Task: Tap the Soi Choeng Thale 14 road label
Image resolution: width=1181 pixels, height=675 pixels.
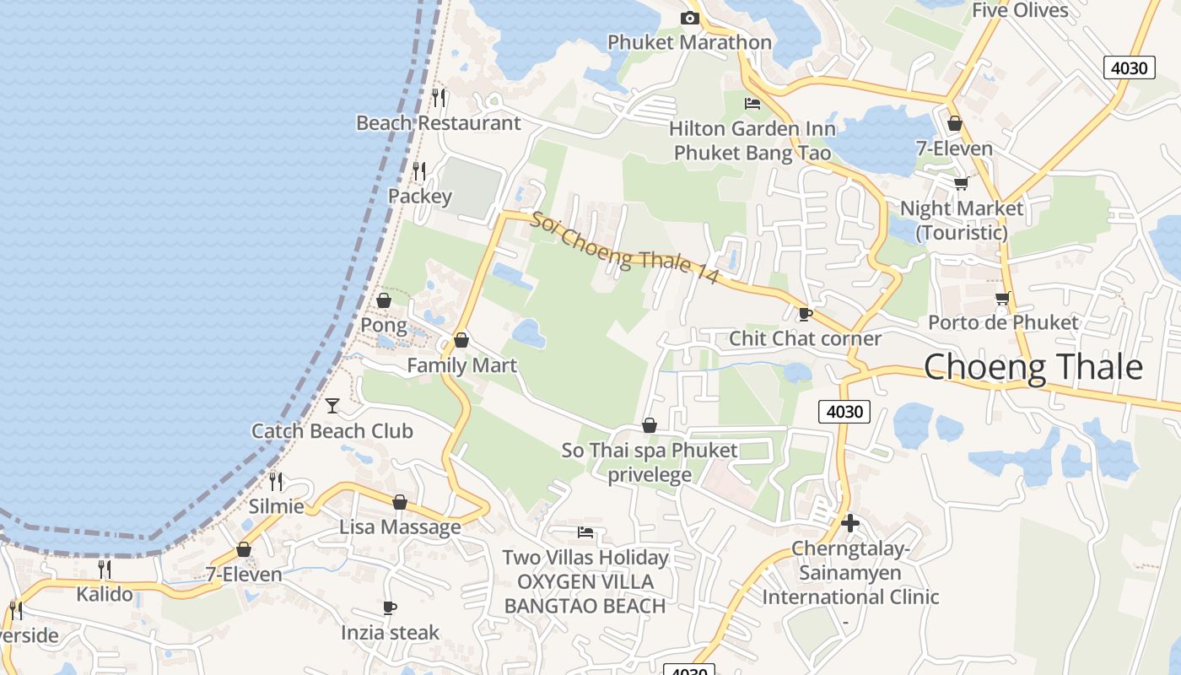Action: tap(624, 247)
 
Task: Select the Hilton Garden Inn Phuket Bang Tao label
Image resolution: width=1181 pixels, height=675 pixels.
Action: tap(752, 141)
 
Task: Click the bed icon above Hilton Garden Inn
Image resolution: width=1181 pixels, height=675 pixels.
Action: tap(752, 104)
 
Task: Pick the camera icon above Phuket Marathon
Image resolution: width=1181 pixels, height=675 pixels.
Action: tap(690, 18)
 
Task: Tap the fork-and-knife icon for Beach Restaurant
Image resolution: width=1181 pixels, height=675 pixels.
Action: tap(439, 98)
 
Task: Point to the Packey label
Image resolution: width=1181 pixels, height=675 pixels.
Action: tap(420, 197)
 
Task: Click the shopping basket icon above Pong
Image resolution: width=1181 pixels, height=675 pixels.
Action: tap(384, 300)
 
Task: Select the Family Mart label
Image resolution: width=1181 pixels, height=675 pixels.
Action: tap(461, 365)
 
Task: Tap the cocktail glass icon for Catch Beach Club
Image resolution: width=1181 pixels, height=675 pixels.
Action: tap(332, 406)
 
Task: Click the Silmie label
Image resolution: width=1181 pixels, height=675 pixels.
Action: tap(277, 506)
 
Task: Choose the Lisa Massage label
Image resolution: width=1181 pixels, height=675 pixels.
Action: tap(400, 527)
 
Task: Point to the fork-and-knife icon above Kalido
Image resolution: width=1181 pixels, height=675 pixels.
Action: tap(104, 569)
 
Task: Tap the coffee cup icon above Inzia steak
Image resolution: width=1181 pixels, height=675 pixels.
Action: tap(390, 607)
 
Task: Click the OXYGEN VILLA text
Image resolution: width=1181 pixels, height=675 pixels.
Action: tap(585, 582)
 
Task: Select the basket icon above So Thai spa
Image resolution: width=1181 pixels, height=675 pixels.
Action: tap(650, 425)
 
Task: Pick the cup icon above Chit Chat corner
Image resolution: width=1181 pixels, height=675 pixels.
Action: tap(806, 314)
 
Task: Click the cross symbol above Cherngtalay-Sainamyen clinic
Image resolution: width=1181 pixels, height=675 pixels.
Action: tap(850, 523)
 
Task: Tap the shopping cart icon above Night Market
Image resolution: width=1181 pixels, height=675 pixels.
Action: tap(961, 183)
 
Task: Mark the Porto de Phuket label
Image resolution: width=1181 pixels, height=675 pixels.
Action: tap(1003, 322)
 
